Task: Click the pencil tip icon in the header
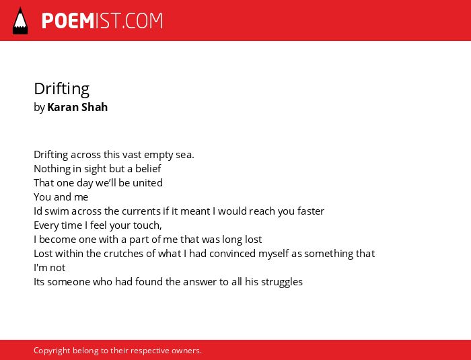[x=20, y=20]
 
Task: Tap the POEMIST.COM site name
[x=102, y=21]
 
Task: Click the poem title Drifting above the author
[x=62, y=89]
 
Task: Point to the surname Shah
[x=94, y=107]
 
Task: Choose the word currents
[x=141, y=211]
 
